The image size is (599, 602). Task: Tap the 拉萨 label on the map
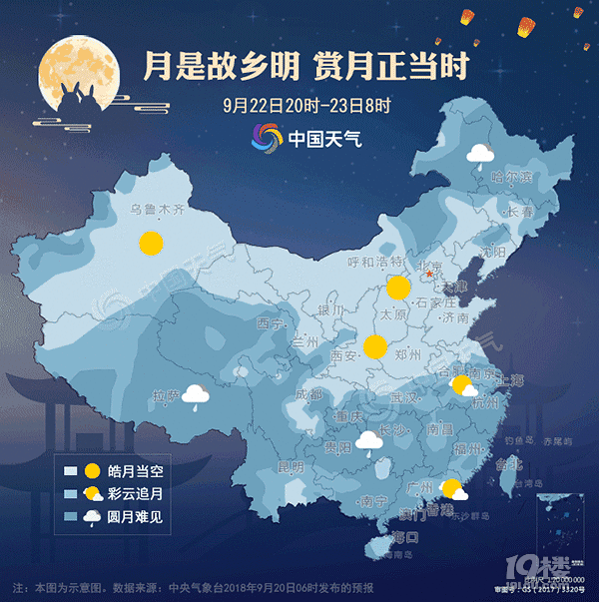coord(166,395)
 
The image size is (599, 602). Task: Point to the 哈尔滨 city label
coord(511,177)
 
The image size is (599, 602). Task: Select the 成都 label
coord(308,394)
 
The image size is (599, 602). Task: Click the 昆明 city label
coord(290,466)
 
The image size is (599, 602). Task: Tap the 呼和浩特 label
coord(370,262)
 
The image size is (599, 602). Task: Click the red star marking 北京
coord(430,273)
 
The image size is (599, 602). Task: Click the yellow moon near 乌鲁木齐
coord(151,242)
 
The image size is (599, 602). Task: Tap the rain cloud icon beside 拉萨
coord(195,396)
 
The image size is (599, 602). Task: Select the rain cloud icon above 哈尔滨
coord(480,153)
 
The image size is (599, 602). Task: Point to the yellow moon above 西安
coord(375,346)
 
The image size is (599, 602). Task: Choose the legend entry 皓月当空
coord(130,470)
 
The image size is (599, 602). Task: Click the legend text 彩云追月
coord(130,493)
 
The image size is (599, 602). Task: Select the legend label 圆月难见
coord(130,516)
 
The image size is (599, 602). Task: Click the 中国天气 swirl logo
coord(267,138)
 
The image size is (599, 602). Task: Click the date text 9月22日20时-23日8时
coord(306,103)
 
